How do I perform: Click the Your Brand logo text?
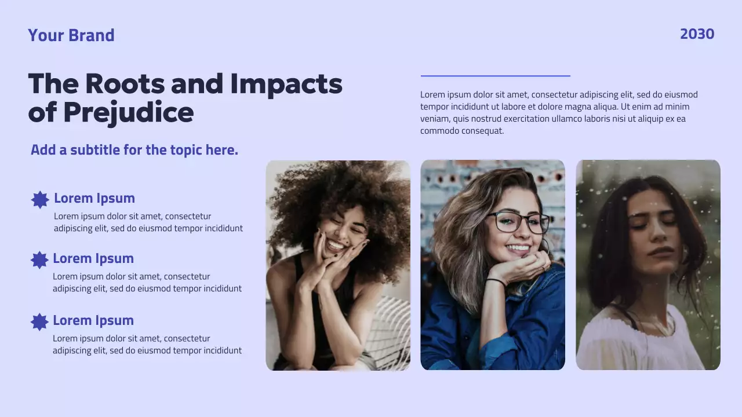point(71,35)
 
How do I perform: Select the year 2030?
point(697,34)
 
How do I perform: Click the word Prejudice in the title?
point(128,112)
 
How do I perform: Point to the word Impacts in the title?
point(286,84)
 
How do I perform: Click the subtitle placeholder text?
point(134,150)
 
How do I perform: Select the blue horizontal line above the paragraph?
point(495,76)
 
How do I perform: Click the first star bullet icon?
point(40,200)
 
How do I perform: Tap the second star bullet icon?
point(39,260)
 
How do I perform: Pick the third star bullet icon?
point(39,322)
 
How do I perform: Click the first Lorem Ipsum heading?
point(94,198)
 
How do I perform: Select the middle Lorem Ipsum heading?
point(93,258)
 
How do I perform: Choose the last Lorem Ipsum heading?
point(93,320)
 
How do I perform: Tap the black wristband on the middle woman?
point(496,281)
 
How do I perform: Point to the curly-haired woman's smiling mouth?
point(336,244)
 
